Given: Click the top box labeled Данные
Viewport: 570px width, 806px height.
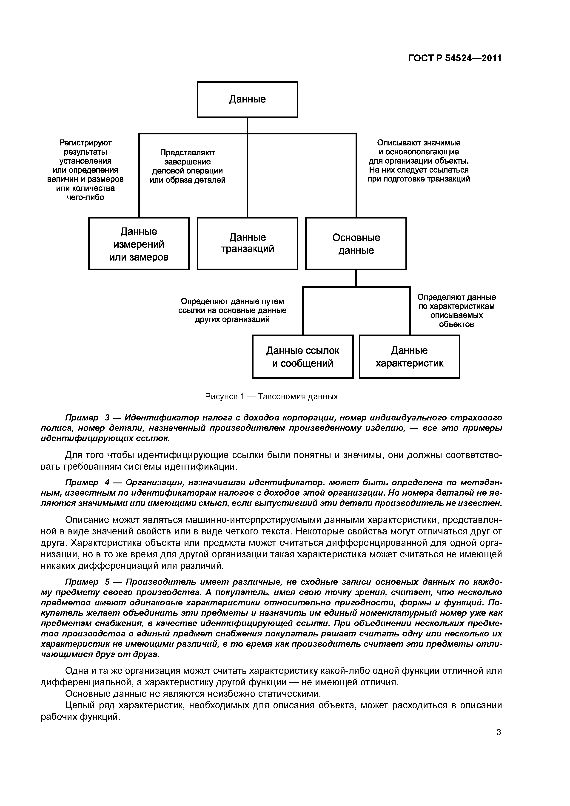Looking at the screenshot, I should pyautogui.click(x=247, y=99).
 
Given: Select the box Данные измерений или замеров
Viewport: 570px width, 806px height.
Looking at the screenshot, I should pyautogui.click(x=139, y=244).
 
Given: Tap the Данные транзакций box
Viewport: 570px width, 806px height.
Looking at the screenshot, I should pyautogui.click(x=247, y=243).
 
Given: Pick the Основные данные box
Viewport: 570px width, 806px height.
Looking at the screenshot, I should pyautogui.click(x=356, y=244).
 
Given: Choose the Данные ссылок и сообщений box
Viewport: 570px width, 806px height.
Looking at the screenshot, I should pyautogui.click(x=302, y=356).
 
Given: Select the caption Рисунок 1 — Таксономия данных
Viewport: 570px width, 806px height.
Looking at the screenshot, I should pyautogui.click(x=271, y=397).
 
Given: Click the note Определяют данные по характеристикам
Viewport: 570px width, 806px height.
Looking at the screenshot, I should pyautogui.click(x=456, y=310).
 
